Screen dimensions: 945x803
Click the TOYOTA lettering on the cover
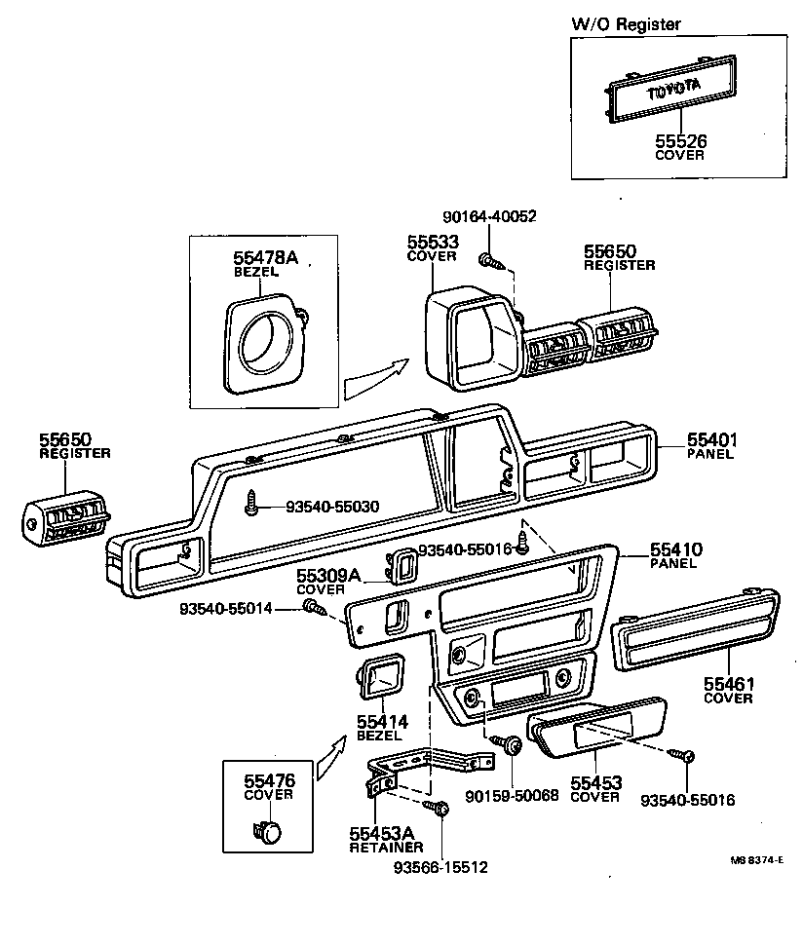(x=675, y=91)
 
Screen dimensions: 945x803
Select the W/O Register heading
(x=626, y=24)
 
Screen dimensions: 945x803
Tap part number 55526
(x=679, y=141)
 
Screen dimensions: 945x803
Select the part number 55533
(x=432, y=241)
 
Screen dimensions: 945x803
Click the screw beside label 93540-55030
(x=253, y=504)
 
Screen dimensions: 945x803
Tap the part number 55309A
(x=326, y=577)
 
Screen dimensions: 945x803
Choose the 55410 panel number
(x=676, y=550)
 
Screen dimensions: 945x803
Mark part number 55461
(x=730, y=685)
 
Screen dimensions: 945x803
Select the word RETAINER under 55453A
(x=387, y=848)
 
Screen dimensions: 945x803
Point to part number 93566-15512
(x=440, y=866)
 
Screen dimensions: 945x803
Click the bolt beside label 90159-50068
(x=511, y=747)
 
